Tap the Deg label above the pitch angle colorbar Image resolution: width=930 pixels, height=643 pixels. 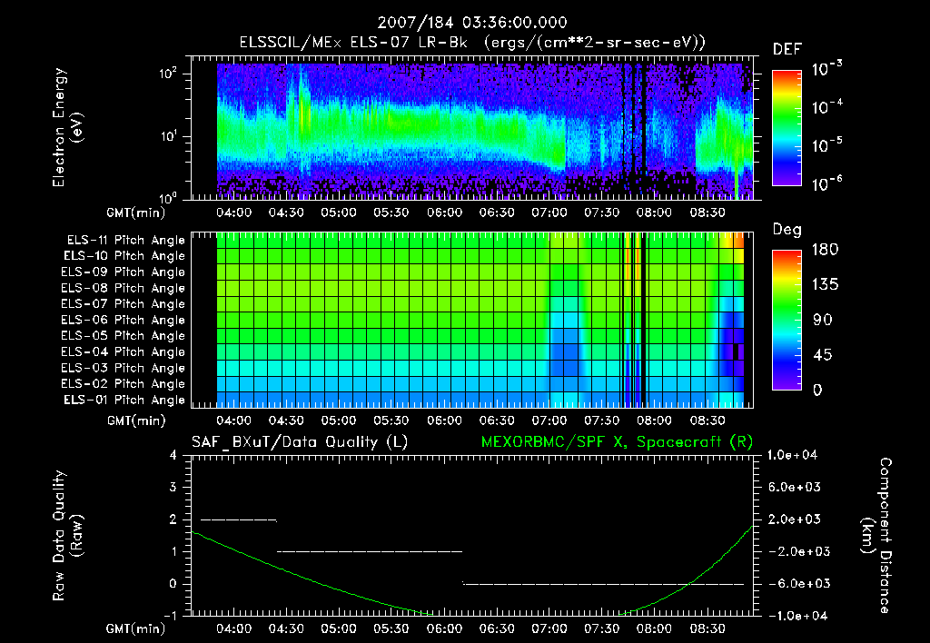point(787,230)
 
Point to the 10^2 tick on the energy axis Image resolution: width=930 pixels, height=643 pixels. point(201,74)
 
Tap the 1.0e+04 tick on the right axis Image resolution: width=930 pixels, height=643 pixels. point(796,455)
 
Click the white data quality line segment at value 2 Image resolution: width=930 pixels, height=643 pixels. point(238,519)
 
